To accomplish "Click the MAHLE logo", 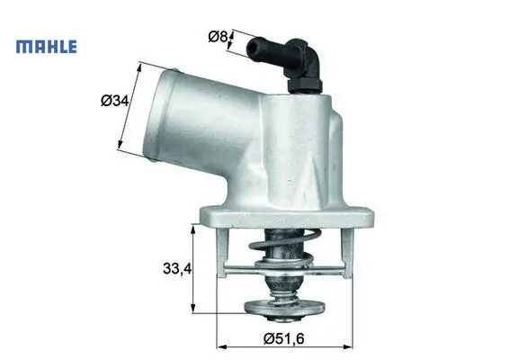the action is tap(47, 47).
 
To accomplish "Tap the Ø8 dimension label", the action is tap(218, 36).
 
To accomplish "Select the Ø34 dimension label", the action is tap(114, 101).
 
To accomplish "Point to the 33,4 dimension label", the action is tap(177, 268).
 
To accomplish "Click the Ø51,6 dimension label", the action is tap(284, 339).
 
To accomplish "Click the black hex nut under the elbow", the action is tap(305, 85).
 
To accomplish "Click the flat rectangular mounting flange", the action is tap(287, 216).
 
